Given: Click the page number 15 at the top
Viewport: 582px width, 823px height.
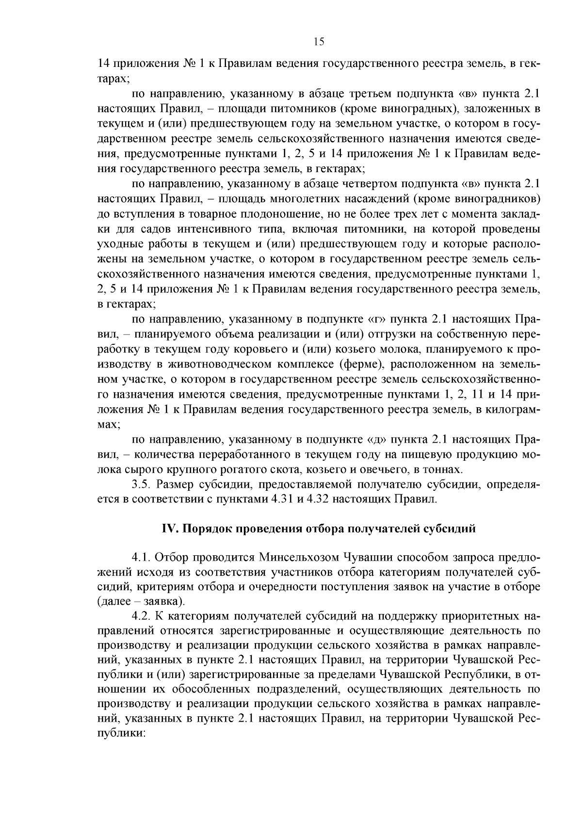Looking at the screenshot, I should (319, 42).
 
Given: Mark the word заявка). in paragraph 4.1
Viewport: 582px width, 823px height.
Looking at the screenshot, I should (164, 601).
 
